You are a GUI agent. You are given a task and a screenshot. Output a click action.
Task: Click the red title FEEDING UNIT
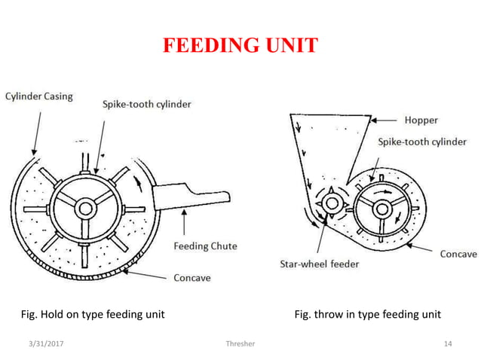(x=240, y=46)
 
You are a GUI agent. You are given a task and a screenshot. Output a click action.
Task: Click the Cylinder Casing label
(x=39, y=96)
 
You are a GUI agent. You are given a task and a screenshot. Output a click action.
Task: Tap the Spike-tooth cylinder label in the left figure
(x=146, y=105)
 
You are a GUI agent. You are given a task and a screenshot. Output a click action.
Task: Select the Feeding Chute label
(x=205, y=246)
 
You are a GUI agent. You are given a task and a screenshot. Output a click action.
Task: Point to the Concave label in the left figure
(x=192, y=278)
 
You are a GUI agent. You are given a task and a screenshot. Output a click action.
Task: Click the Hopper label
(x=421, y=120)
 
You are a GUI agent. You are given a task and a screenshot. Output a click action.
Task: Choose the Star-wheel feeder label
(x=320, y=264)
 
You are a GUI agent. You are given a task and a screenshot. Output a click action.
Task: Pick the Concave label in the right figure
(x=458, y=255)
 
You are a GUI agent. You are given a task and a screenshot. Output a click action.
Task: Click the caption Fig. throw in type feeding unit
(x=367, y=314)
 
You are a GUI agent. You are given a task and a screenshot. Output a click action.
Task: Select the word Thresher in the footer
(x=240, y=344)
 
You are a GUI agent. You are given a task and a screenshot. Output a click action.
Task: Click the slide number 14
(x=448, y=344)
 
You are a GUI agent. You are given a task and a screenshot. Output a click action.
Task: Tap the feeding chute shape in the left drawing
(x=188, y=194)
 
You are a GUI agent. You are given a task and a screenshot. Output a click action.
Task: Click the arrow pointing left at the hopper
(x=385, y=120)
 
